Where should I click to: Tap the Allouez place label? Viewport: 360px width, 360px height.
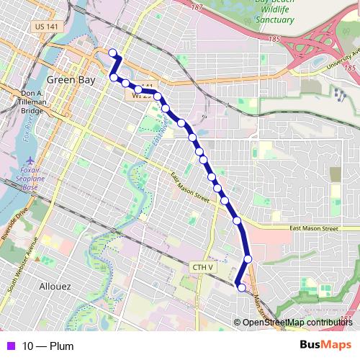pos(56,286)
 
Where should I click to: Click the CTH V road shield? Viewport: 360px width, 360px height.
pos(202,268)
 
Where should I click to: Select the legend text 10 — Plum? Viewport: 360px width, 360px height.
pos(48,346)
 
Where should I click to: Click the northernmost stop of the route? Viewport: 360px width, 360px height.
pos(112,52)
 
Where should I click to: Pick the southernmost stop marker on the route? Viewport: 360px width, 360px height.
pos(242,288)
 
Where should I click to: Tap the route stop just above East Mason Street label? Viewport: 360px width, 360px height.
pos(237,220)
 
